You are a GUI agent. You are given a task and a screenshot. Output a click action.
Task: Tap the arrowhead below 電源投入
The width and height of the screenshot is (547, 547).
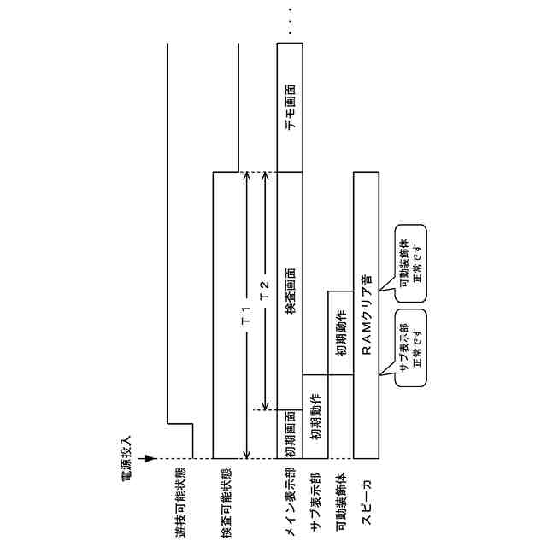[150, 458]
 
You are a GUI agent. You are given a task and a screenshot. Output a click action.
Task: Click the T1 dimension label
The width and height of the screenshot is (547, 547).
[245, 315]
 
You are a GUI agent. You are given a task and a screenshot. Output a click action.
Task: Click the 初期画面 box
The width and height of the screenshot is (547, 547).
[290, 434]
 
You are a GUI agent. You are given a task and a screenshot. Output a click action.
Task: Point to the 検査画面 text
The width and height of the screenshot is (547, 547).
[290, 301]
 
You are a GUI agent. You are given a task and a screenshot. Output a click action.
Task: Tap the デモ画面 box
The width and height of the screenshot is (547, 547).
[291, 106]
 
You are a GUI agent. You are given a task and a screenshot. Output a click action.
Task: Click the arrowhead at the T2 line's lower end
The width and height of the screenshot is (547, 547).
[265, 405]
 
